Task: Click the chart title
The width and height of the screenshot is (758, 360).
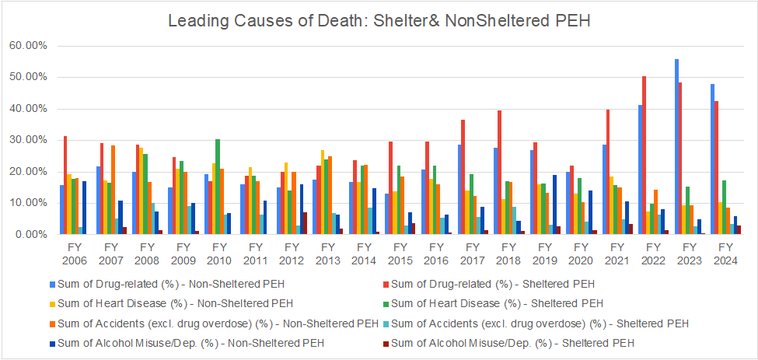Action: pos(379,21)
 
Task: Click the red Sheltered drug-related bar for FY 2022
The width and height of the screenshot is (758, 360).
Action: pos(644,156)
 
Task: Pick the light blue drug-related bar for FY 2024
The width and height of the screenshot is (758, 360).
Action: pos(712,159)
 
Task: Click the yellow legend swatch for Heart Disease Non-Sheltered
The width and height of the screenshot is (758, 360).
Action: pos(51,302)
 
